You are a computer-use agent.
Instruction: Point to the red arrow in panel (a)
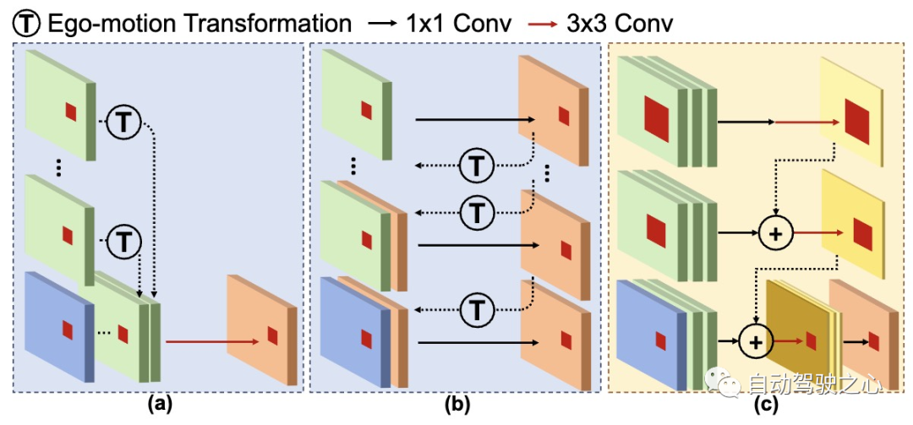click(x=211, y=342)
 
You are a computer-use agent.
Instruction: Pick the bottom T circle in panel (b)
click(x=478, y=309)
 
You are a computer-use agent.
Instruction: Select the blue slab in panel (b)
click(x=351, y=334)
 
